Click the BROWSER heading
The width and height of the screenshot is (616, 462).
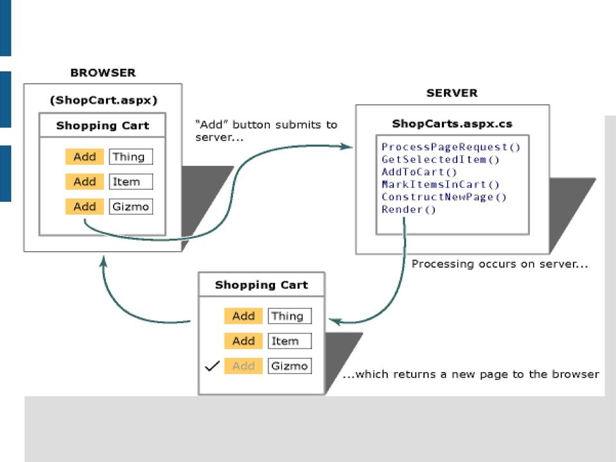pos(103,73)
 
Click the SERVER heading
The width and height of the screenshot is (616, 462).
pos(452,93)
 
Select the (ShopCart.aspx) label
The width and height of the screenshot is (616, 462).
pos(103,100)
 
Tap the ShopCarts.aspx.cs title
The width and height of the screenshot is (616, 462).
pos(452,124)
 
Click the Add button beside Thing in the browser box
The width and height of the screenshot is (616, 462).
pos(84,157)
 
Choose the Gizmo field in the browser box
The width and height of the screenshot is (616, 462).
pos(131,207)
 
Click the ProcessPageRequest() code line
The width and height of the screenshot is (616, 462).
pos(451,147)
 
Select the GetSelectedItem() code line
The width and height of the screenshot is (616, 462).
pos(441,159)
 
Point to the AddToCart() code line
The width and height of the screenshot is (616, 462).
pos(419,172)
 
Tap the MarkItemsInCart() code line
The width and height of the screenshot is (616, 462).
pos(441,184)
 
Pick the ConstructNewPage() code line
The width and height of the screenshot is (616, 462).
pos(444,197)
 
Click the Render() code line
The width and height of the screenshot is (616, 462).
pos(409,209)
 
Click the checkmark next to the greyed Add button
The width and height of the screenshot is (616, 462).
pos(212,366)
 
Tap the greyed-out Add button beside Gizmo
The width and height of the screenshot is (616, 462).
pos(243,366)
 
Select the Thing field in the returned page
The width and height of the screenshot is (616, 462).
pos(290,316)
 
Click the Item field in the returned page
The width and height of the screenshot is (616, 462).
pos(290,341)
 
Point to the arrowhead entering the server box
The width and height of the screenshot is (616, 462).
pos(346,147)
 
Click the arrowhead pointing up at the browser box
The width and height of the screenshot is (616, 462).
pos(103,262)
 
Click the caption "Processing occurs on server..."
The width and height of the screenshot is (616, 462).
pos(500,264)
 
